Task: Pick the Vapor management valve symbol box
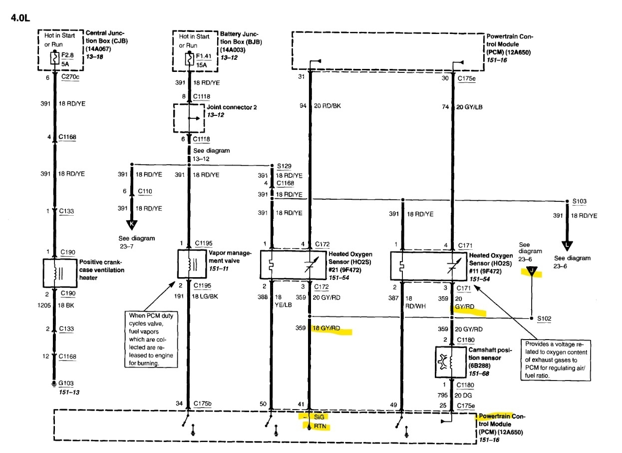coord(189,264)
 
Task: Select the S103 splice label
coord(580,201)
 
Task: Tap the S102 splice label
coord(545,318)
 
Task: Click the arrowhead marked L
coord(568,246)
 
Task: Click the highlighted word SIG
coord(319,417)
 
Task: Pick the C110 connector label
coord(145,191)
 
